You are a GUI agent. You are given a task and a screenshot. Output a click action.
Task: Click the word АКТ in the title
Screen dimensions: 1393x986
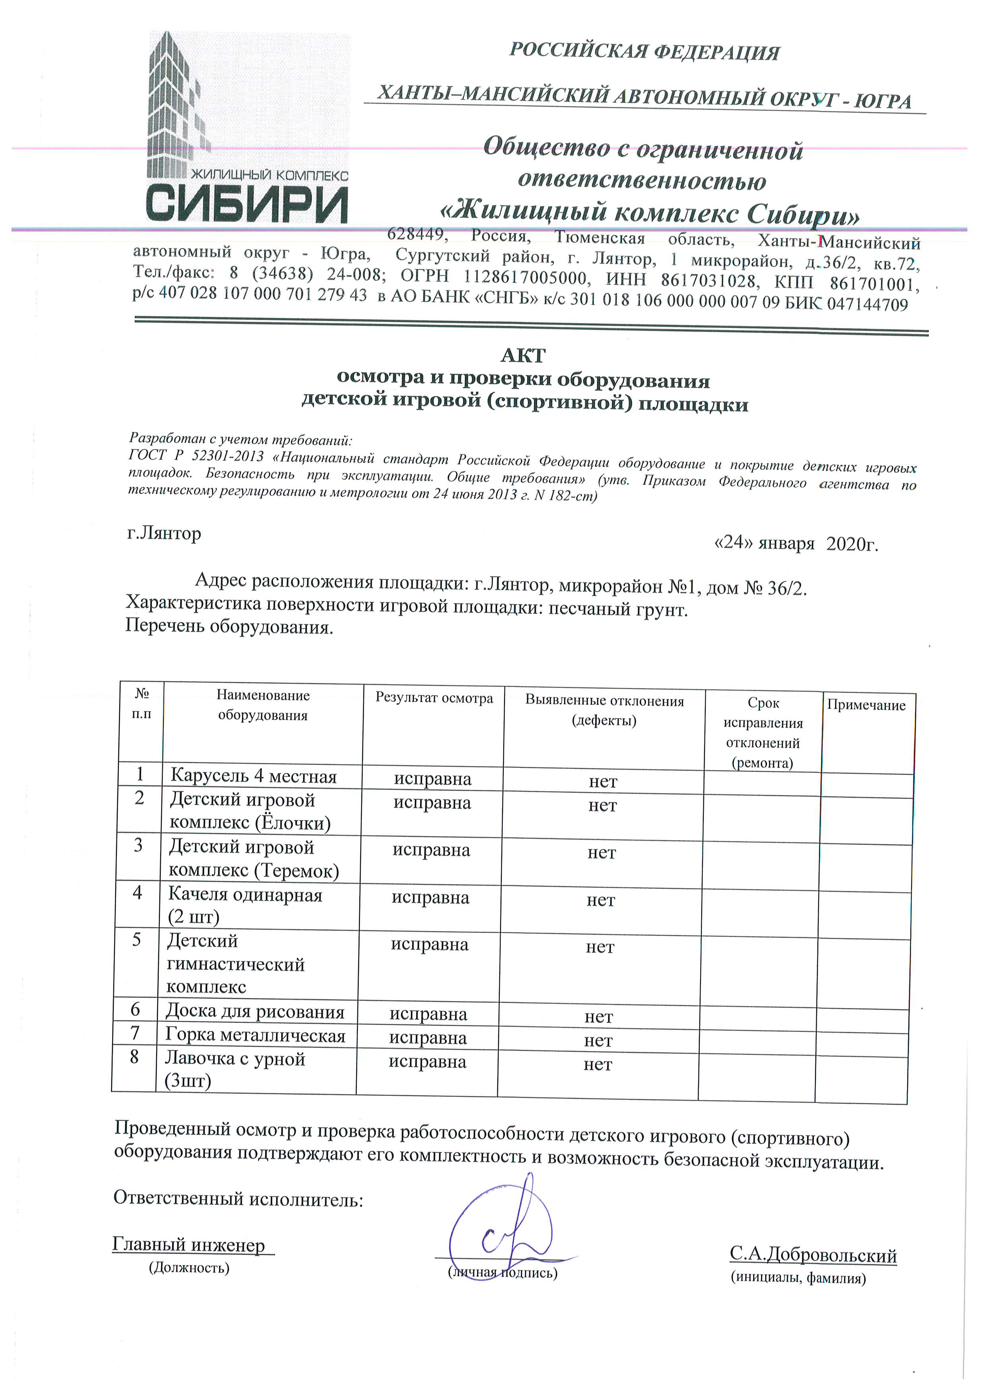coord(523,355)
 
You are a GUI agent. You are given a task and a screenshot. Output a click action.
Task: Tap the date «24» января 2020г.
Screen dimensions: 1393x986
coord(796,543)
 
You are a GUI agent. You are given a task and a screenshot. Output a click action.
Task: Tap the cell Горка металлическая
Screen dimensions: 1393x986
coord(255,1035)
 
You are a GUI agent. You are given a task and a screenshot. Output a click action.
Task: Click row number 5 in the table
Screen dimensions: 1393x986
coord(137,940)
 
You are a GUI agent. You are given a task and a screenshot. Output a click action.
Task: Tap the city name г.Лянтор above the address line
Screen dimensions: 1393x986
coord(164,533)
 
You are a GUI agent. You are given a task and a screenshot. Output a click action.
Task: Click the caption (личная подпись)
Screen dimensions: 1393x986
coord(502,1272)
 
